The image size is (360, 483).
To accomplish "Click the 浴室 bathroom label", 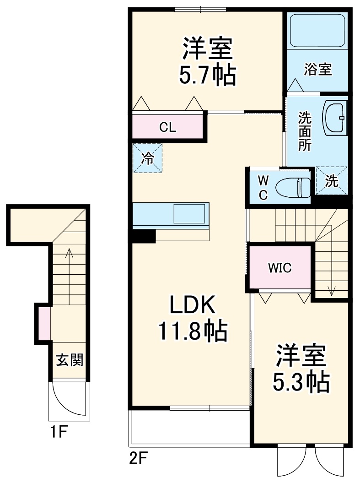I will [x=317, y=70].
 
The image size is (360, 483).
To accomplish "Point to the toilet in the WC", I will [x=292, y=187].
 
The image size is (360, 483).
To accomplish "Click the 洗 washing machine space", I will [x=332, y=181].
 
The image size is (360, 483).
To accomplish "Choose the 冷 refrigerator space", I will [x=148, y=158].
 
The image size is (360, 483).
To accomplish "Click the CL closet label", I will [x=168, y=127].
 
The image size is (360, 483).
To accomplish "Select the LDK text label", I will [x=192, y=305].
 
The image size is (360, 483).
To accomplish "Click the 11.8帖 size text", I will [x=192, y=331].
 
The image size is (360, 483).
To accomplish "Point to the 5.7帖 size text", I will [x=207, y=75].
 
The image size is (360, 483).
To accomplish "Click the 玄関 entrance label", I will [x=70, y=360].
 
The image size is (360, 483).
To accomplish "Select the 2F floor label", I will [x=137, y=457].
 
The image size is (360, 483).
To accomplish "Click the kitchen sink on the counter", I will [x=188, y=213].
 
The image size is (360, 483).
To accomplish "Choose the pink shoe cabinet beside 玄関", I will [x=44, y=324].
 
